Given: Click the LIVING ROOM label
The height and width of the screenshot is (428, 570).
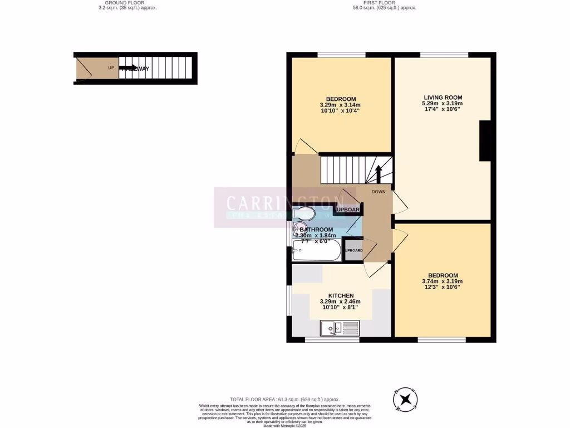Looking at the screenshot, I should pyautogui.click(x=443, y=98).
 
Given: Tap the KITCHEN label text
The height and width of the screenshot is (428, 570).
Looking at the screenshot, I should pyautogui.click(x=341, y=295).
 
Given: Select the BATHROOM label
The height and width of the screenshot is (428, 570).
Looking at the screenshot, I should pyautogui.click(x=316, y=230).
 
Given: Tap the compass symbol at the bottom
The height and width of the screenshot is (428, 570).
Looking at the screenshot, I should pyautogui.click(x=406, y=399).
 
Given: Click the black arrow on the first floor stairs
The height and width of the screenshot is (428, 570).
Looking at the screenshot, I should pyautogui.click(x=379, y=173).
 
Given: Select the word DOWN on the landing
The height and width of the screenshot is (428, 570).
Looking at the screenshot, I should pyautogui.click(x=379, y=192).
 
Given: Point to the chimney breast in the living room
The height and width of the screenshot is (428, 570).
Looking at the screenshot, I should pyautogui.click(x=485, y=140).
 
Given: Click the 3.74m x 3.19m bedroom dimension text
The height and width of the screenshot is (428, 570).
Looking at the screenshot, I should pyautogui.click(x=443, y=281).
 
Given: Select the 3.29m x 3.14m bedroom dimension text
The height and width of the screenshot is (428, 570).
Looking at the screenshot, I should pyautogui.click(x=340, y=105).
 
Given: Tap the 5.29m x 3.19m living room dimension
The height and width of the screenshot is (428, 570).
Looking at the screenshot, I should pyautogui.click(x=443, y=104).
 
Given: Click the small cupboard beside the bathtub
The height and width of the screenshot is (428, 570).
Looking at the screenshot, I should pyautogui.click(x=353, y=250).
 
